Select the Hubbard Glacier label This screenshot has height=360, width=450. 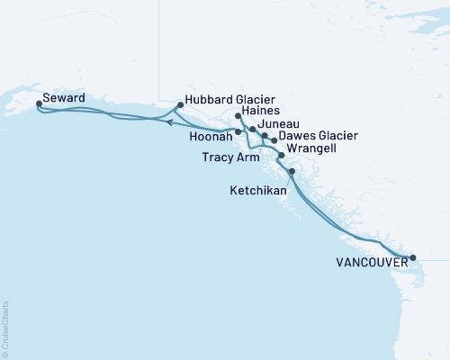pyautogui.click(x=229, y=99)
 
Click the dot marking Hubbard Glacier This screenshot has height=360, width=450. pyautogui.click(x=181, y=105)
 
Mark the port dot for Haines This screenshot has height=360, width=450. pyautogui.click(x=238, y=116)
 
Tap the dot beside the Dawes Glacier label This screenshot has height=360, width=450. pyautogui.click(x=274, y=140)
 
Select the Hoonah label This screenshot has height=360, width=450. pyautogui.click(x=209, y=138)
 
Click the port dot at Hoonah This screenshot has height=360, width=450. pyautogui.click(x=238, y=132)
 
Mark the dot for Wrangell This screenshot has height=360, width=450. pyautogui.click(x=282, y=156)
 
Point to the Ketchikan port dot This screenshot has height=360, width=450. pyautogui.click(x=291, y=171)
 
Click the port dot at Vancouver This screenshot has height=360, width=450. pyautogui.click(x=413, y=258)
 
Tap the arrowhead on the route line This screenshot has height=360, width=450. pyautogui.click(x=170, y=122)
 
